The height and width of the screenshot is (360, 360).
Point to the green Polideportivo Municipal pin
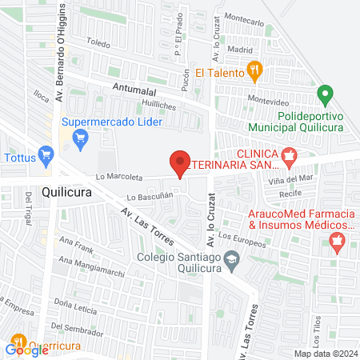325,97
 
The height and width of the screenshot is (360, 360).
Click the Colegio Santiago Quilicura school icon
231,258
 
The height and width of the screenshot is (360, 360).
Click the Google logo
26,348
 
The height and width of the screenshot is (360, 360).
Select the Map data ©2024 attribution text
324,354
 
